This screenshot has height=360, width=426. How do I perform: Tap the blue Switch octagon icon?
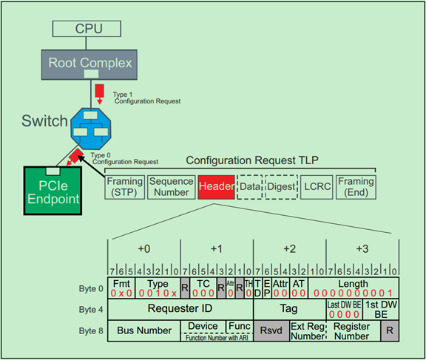pyautogui.click(x=89, y=131)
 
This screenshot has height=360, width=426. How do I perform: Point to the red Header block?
pyautogui.click(x=216, y=188)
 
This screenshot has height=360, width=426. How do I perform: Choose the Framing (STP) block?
pyautogui.click(x=124, y=188)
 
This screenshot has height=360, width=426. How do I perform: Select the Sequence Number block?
pyautogui.click(x=170, y=188)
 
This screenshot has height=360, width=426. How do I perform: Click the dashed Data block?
pyautogui.click(x=250, y=188)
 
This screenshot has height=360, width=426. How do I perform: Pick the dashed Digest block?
pyautogui.click(x=280, y=188)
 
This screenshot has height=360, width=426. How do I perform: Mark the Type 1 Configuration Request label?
pyautogui.click(x=144, y=98)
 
